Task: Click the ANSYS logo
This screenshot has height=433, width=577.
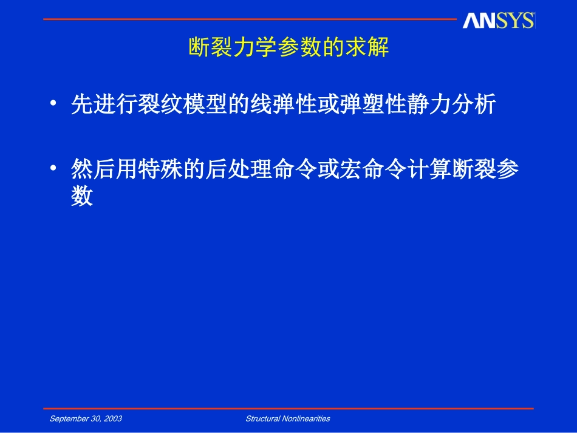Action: pos(498,21)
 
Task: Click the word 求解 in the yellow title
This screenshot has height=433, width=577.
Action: pos(367,47)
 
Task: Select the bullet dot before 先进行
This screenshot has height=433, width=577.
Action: pos(55,104)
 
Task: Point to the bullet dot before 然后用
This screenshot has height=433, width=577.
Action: pos(55,169)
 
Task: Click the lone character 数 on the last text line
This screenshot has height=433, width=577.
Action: pos(82,197)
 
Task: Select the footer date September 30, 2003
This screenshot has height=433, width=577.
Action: pos(86,418)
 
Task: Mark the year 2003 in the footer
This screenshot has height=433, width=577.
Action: pos(113,418)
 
